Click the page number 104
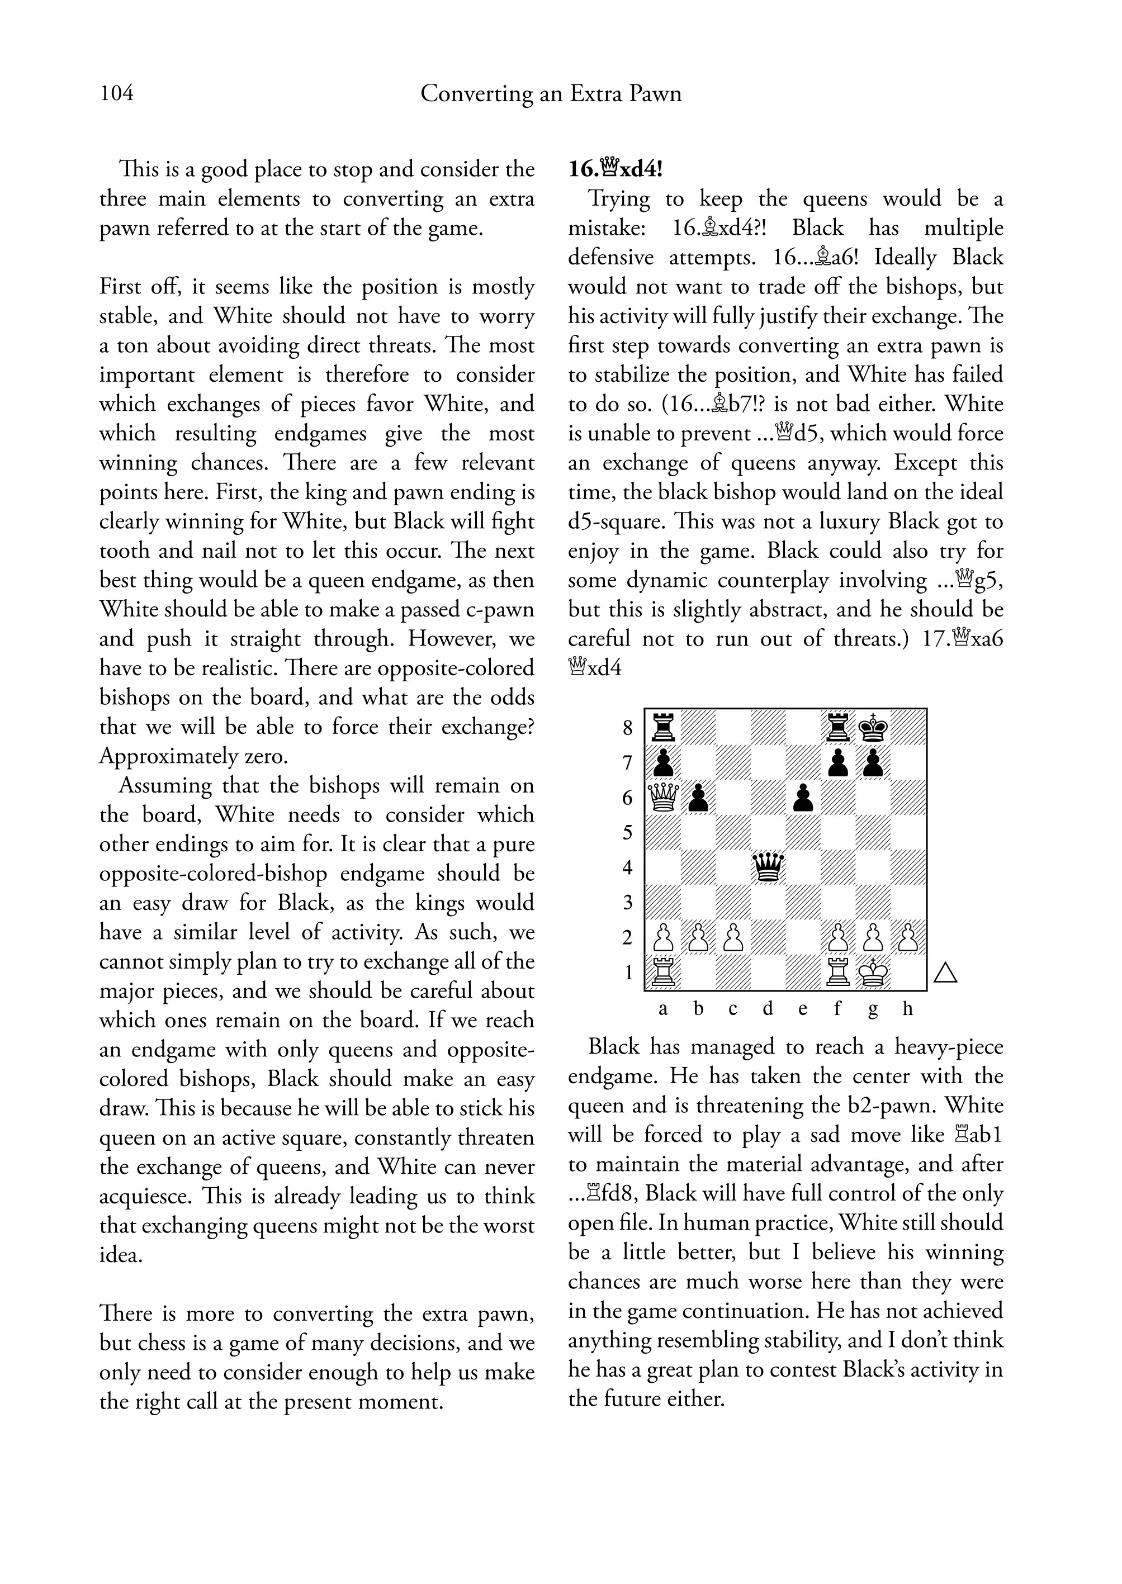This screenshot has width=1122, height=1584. coord(117,93)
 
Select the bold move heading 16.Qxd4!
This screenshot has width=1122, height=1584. coord(615,169)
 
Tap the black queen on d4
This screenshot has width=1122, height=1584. coord(768,866)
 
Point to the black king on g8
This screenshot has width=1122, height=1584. coord(873,727)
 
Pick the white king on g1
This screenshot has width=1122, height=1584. coord(873,973)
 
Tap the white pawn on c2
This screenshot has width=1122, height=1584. coord(733,937)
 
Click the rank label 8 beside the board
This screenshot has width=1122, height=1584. coord(627,727)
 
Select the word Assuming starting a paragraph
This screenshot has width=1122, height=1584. coord(164,785)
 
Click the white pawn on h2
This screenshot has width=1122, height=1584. coord(908,937)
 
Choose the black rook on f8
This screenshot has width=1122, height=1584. coord(838,727)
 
